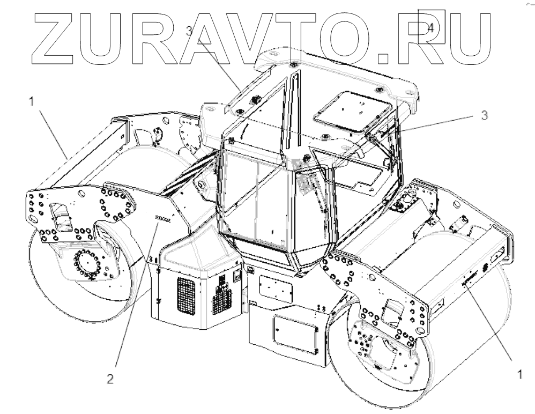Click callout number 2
110,379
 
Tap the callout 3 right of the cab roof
484,115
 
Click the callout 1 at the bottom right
519,375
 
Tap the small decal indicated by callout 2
163,219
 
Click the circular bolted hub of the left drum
86,262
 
